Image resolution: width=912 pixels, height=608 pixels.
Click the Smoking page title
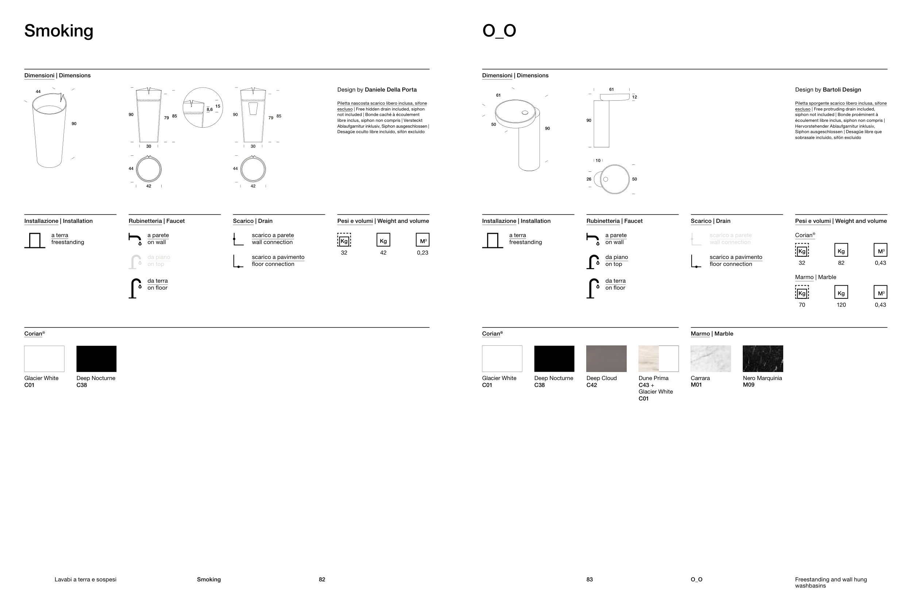(x=59, y=31)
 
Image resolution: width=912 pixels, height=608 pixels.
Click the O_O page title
(x=499, y=31)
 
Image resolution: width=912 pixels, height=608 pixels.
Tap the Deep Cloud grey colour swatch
(x=606, y=359)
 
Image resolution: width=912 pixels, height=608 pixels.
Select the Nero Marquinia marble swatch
(x=763, y=359)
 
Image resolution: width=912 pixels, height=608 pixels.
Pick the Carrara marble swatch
(x=710, y=359)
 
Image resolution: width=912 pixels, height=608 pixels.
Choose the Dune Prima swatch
(x=658, y=359)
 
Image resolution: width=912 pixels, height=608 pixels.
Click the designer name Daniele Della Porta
(x=390, y=90)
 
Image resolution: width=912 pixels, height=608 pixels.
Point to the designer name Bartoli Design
(x=842, y=90)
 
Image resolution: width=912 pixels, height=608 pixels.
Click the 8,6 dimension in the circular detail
(x=209, y=110)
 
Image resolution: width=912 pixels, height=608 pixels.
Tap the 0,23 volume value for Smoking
(x=422, y=253)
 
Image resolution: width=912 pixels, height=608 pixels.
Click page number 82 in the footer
(x=322, y=579)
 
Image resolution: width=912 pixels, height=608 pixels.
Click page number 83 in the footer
(x=590, y=579)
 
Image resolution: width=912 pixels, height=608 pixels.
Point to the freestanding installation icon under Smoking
(x=35, y=240)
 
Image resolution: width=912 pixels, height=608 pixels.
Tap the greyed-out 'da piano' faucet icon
(x=135, y=262)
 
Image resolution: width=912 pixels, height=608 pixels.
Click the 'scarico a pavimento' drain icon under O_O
(x=696, y=262)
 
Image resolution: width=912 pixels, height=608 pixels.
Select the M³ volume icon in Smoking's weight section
(x=422, y=240)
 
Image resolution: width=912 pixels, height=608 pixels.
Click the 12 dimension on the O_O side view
(x=634, y=97)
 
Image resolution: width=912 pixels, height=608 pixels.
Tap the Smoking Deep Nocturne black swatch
(x=96, y=359)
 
